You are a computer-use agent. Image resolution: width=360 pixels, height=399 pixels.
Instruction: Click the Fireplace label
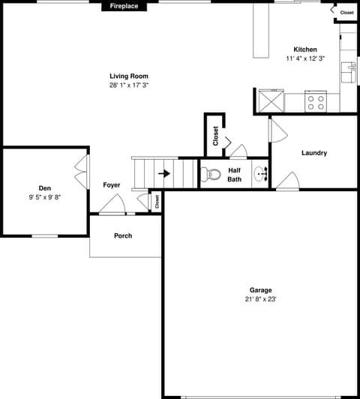[x=124, y=6]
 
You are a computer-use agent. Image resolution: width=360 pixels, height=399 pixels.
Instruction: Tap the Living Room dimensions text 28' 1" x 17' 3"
[x=129, y=85]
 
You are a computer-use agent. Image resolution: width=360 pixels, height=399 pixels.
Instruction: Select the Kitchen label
[x=305, y=49]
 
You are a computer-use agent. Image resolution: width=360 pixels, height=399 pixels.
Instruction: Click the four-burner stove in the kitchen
[x=316, y=101]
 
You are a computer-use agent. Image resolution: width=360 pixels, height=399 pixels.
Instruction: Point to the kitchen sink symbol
[x=349, y=72]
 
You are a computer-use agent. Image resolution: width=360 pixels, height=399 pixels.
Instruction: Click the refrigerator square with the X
[x=271, y=100]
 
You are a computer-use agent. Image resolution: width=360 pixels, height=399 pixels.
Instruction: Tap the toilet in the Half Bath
[x=211, y=174]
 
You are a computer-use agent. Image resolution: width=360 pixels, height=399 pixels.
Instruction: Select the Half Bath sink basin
[x=260, y=174]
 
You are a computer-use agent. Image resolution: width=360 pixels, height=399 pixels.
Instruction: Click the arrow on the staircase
[x=164, y=173]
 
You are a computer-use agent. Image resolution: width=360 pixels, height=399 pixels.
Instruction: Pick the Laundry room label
[x=314, y=153]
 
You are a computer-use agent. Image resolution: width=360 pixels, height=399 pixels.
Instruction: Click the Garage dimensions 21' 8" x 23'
[x=260, y=299]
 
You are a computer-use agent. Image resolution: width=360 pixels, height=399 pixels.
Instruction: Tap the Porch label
[x=123, y=236]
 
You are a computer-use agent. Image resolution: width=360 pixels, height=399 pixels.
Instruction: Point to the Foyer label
[x=112, y=185]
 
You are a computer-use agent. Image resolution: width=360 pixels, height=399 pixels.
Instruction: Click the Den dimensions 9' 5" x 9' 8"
[x=45, y=197]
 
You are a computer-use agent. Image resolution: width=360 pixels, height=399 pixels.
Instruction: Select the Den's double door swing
[x=82, y=172]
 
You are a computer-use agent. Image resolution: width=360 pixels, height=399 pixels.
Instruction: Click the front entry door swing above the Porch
[x=112, y=203]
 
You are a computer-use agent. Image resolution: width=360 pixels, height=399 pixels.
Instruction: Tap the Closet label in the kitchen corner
[x=346, y=13]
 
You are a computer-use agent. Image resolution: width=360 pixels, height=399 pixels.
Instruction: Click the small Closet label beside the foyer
[x=157, y=202]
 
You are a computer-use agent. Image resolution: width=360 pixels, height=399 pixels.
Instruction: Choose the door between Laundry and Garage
[x=288, y=181]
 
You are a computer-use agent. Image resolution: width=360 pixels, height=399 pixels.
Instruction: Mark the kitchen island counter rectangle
[x=261, y=31]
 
